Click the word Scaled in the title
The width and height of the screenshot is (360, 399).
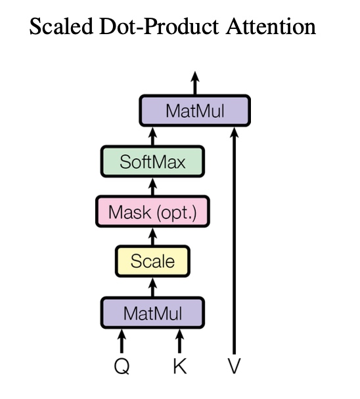tap(61, 26)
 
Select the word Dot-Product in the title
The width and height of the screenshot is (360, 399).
tap(159, 26)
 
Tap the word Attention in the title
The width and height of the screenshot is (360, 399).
tap(271, 26)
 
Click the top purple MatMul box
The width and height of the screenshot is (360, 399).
tap(195, 110)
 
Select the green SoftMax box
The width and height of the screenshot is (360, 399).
tap(152, 161)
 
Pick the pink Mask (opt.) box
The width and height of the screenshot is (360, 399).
tap(152, 211)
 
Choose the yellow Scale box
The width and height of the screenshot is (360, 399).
tap(152, 261)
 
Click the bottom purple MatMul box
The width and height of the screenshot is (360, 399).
tap(152, 313)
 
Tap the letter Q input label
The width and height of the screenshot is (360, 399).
tap(122, 367)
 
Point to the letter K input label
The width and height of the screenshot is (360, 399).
tap(180, 366)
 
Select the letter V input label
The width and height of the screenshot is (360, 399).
tap(234, 366)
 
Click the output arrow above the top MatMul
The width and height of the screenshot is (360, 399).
tap(195, 83)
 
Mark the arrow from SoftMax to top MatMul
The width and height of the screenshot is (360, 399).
tap(152, 136)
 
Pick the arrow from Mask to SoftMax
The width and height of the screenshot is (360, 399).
tap(152, 186)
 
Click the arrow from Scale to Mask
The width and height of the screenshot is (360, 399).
tap(152, 236)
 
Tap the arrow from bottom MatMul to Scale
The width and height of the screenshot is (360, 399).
tap(152, 287)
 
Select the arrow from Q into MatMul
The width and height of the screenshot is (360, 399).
tap(122, 341)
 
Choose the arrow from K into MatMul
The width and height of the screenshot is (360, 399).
tap(180, 341)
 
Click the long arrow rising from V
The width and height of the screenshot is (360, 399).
tap(234, 240)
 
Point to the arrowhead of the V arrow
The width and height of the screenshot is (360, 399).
tap(234, 132)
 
